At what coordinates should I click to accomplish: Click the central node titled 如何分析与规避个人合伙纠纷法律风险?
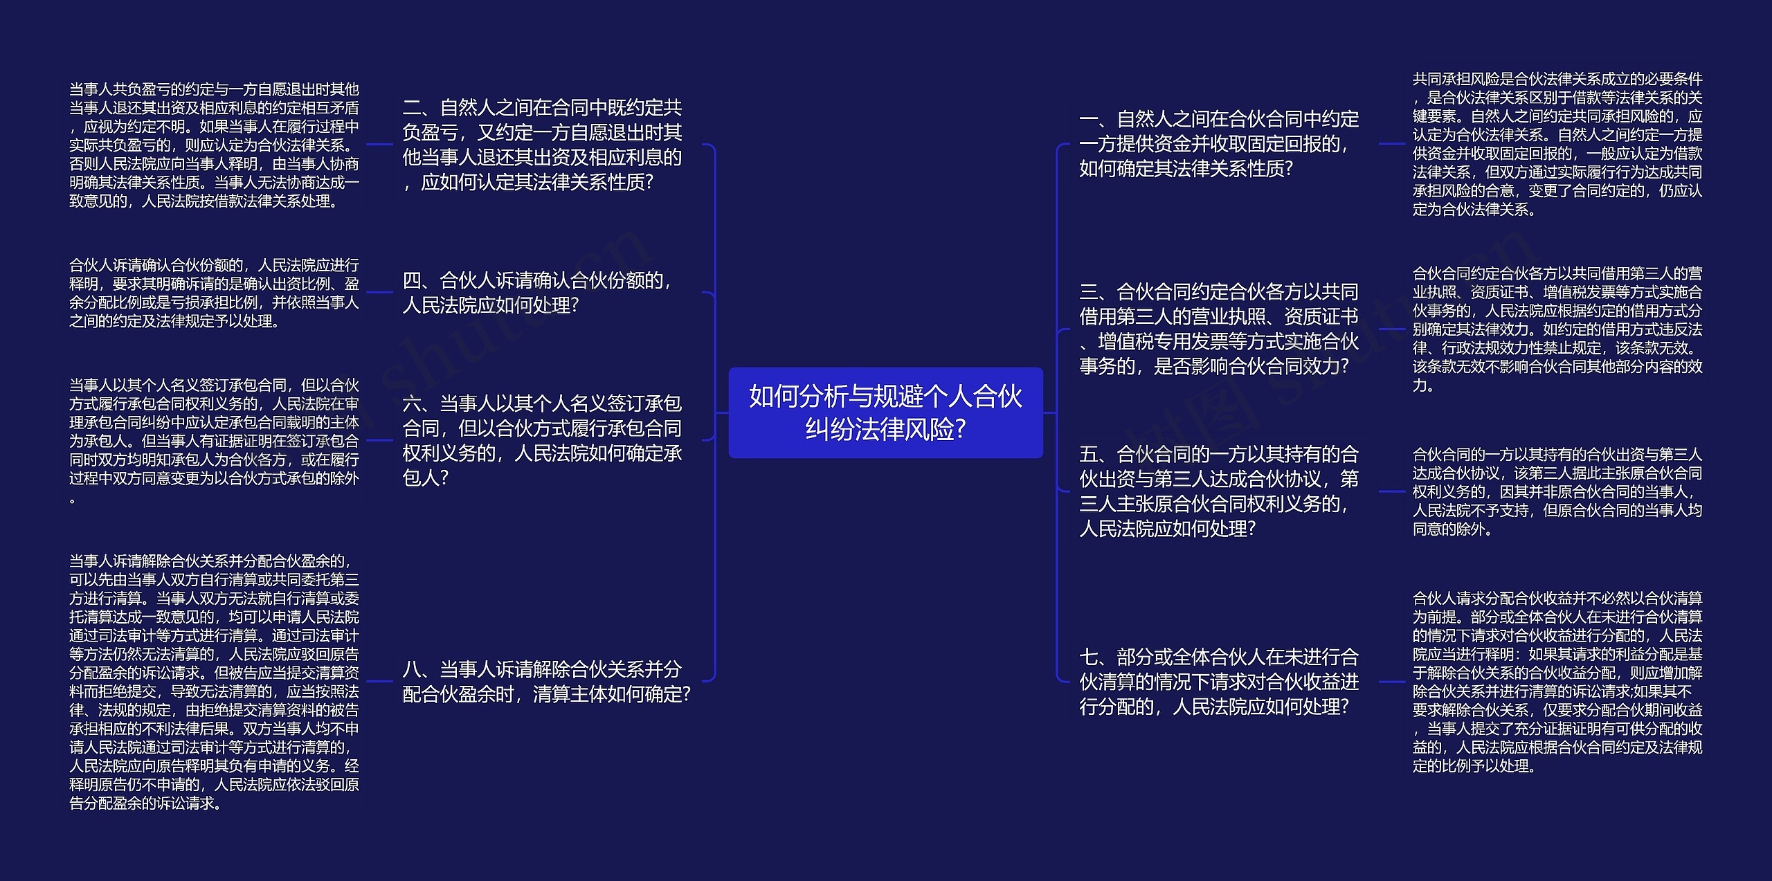(x=885, y=412)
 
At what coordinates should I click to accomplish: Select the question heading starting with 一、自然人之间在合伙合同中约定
(x=1218, y=144)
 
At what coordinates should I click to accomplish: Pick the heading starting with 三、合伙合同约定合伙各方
(x=1218, y=329)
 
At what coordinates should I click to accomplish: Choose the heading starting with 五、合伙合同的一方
(x=1218, y=491)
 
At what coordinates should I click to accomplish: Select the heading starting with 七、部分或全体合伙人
(x=1218, y=682)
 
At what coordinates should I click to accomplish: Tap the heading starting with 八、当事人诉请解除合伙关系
(x=546, y=682)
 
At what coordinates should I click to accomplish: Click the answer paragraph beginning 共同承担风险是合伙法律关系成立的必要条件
(x=1557, y=144)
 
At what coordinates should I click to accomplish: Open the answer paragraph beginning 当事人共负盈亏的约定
(x=214, y=145)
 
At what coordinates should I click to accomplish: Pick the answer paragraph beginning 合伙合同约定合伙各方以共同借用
(x=1557, y=329)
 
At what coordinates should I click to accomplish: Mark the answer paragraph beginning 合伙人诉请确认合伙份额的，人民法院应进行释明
(x=214, y=293)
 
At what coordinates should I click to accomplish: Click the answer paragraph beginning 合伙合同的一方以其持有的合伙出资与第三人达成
(x=1557, y=491)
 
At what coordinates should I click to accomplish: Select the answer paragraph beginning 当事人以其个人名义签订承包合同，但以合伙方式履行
(x=214, y=440)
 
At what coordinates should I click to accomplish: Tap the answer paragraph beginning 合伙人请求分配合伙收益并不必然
(x=1557, y=682)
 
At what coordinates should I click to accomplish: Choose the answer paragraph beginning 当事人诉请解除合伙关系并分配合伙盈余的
(x=214, y=682)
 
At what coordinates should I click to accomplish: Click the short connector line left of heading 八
(x=379, y=682)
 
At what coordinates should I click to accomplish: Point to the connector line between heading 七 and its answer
(x=1391, y=682)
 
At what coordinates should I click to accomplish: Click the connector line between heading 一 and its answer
(x=1391, y=144)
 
